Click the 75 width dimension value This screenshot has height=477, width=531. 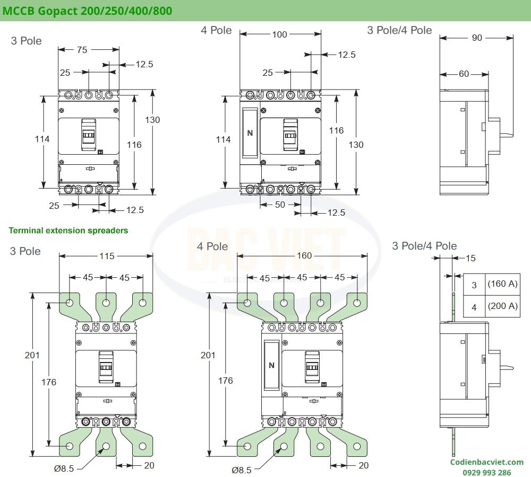click(x=82, y=50)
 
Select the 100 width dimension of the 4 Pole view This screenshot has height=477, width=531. click(x=279, y=35)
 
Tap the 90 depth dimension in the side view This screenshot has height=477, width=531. click(x=477, y=38)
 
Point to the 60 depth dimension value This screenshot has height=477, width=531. click(x=464, y=74)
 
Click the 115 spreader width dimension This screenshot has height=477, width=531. click(x=107, y=256)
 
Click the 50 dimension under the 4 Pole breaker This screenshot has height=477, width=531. click(x=279, y=205)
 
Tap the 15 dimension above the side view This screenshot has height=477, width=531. click(x=470, y=259)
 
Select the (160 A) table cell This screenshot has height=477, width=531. click(x=502, y=284)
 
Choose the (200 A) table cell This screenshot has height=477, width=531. click(x=502, y=306)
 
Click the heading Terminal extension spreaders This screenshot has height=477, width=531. click(x=68, y=231)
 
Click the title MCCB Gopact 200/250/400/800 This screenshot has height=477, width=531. click(x=88, y=11)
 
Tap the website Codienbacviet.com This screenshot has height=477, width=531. click(x=487, y=462)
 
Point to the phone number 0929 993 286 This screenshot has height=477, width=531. click(x=487, y=472)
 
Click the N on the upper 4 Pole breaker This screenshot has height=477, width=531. click(x=250, y=133)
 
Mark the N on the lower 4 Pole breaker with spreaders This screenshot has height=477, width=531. click(x=271, y=365)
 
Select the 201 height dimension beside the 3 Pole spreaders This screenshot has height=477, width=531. click(x=32, y=355)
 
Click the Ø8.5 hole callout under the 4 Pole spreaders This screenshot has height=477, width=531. click(x=242, y=469)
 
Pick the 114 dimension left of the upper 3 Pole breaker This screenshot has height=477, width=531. click(x=42, y=139)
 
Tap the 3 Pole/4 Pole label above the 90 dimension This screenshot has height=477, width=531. click(x=399, y=30)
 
